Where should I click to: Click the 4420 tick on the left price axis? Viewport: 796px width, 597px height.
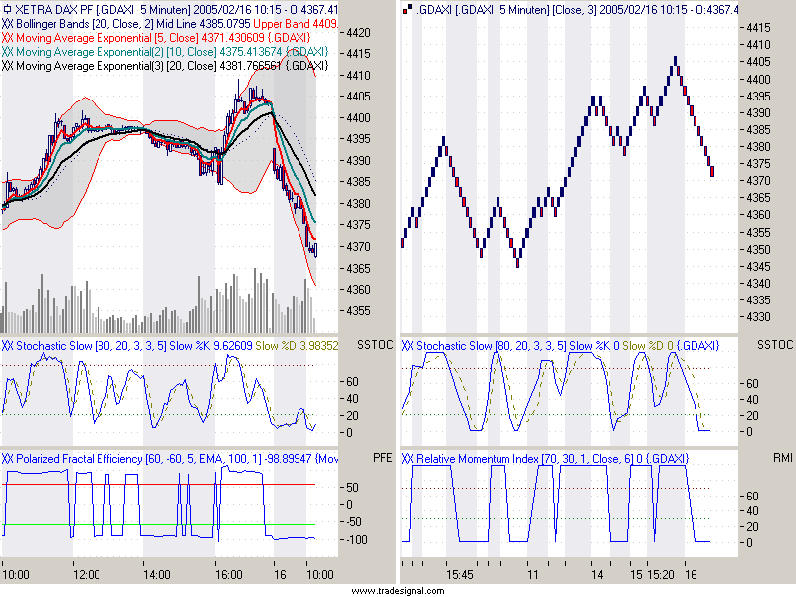coord(358,33)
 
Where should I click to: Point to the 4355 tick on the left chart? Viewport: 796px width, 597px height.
coord(358,310)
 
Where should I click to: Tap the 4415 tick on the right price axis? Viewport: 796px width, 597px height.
coord(759,27)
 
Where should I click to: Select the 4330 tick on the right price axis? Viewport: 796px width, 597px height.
coord(759,317)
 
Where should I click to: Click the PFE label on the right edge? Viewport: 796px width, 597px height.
coord(383,459)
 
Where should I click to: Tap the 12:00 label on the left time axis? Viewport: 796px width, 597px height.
coord(87,574)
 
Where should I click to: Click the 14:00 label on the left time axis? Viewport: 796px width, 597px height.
coord(157,574)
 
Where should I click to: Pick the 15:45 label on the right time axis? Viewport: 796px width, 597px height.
coord(459,574)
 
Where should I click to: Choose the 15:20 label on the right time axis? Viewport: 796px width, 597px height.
coord(661,574)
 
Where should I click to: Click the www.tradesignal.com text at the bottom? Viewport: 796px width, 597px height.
coord(398,590)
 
